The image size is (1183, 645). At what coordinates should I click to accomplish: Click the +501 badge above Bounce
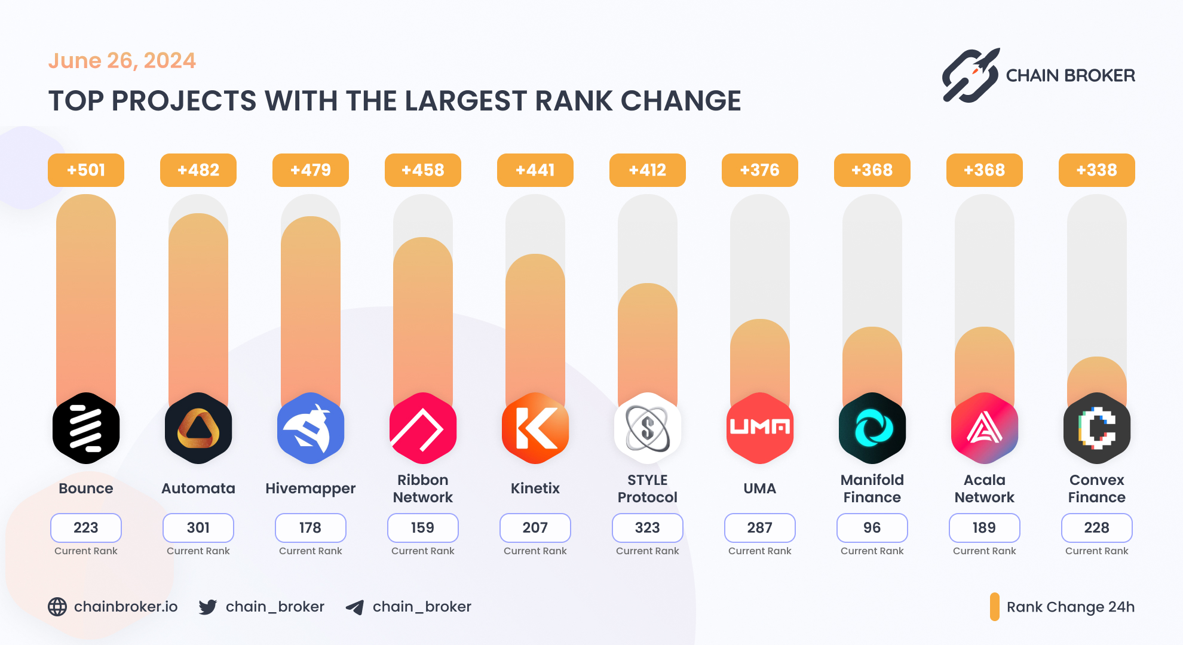click(86, 170)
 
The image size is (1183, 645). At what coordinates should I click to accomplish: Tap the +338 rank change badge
click(1096, 170)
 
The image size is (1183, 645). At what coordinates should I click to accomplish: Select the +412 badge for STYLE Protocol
click(647, 170)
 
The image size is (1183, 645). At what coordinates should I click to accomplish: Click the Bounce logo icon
click(86, 428)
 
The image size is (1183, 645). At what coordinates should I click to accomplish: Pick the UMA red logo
click(759, 428)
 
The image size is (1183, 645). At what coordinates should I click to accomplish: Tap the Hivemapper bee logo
click(311, 428)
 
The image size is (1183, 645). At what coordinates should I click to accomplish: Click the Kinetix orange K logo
click(535, 428)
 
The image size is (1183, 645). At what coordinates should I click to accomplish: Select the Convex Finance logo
click(1096, 428)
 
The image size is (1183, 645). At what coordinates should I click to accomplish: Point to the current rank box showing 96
click(872, 528)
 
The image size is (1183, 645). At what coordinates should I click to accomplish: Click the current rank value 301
click(198, 528)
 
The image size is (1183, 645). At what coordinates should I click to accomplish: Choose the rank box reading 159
click(423, 528)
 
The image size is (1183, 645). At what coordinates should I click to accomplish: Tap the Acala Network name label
click(984, 489)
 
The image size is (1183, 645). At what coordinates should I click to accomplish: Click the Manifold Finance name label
click(872, 489)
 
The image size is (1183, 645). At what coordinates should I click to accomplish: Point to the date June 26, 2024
click(122, 61)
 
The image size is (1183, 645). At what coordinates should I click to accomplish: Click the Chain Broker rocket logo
click(971, 75)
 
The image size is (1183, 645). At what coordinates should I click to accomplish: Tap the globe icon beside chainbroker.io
click(57, 607)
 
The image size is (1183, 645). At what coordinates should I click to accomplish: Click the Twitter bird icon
click(208, 607)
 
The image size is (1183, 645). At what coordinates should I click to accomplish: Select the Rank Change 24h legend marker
click(994, 607)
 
